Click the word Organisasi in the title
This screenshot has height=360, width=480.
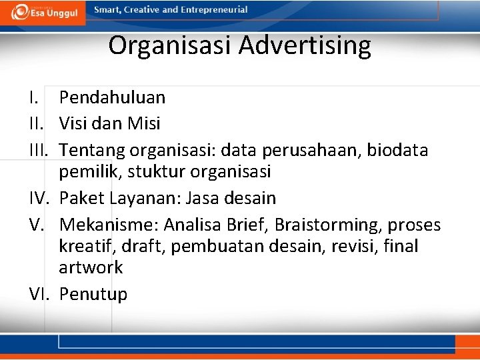[169, 46]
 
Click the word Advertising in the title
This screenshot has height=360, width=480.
[305, 46]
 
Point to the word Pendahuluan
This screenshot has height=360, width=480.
[112, 97]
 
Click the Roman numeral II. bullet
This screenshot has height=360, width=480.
[39, 123]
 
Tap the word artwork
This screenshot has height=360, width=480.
[91, 268]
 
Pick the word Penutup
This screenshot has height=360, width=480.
[93, 295]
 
